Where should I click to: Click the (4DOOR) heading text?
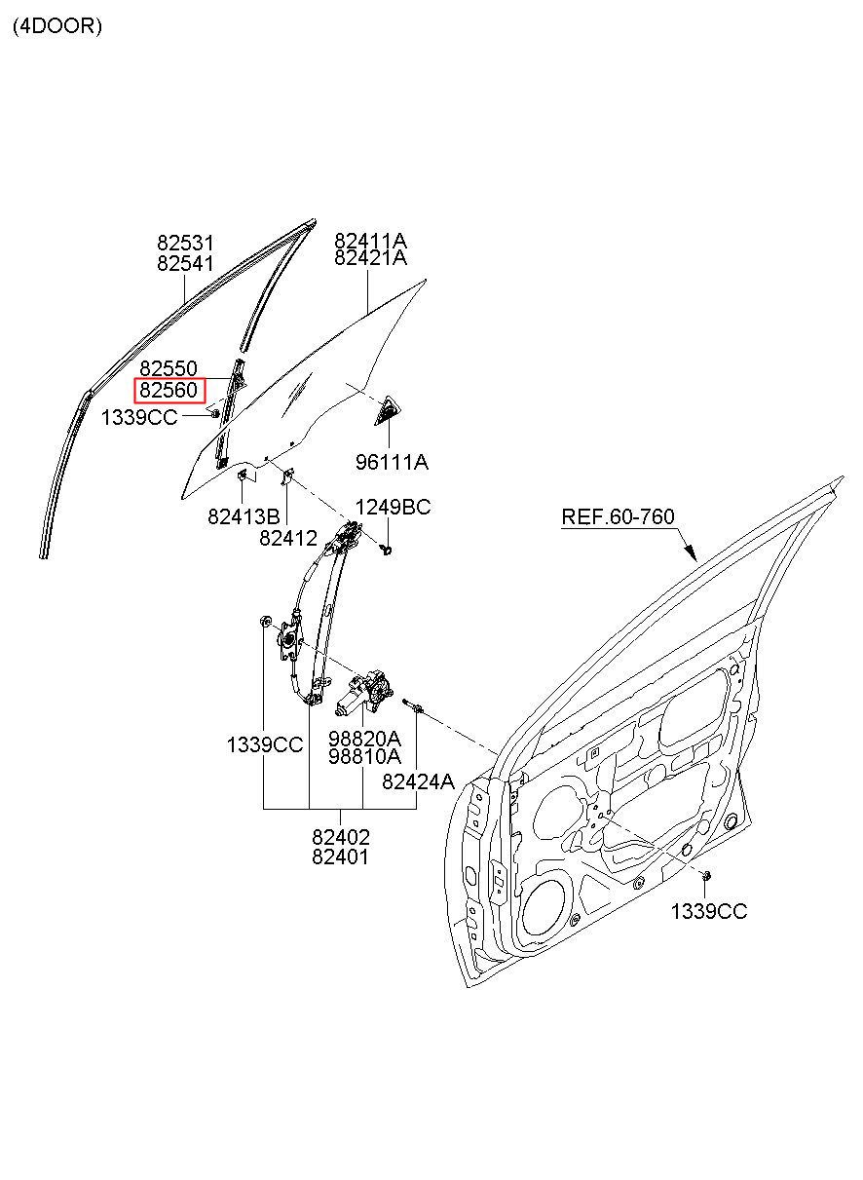[57, 25]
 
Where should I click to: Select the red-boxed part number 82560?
[169, 391]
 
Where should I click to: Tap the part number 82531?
[185, 243]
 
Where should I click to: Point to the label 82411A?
[371, 241]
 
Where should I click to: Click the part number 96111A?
[392, 462]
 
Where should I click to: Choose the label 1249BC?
[393, 507]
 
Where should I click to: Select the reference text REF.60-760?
[618, 516]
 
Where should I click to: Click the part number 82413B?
[244, 516]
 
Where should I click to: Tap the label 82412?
[288, 538]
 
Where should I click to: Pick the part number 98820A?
[364, 739]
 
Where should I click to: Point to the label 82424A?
[418, 781]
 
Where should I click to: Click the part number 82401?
[341, 857]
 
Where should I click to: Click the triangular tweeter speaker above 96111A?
[387, 410]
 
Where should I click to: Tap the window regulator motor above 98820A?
[364, 693]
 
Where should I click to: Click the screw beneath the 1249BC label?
[387, 551]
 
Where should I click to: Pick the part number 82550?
[169, 368]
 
